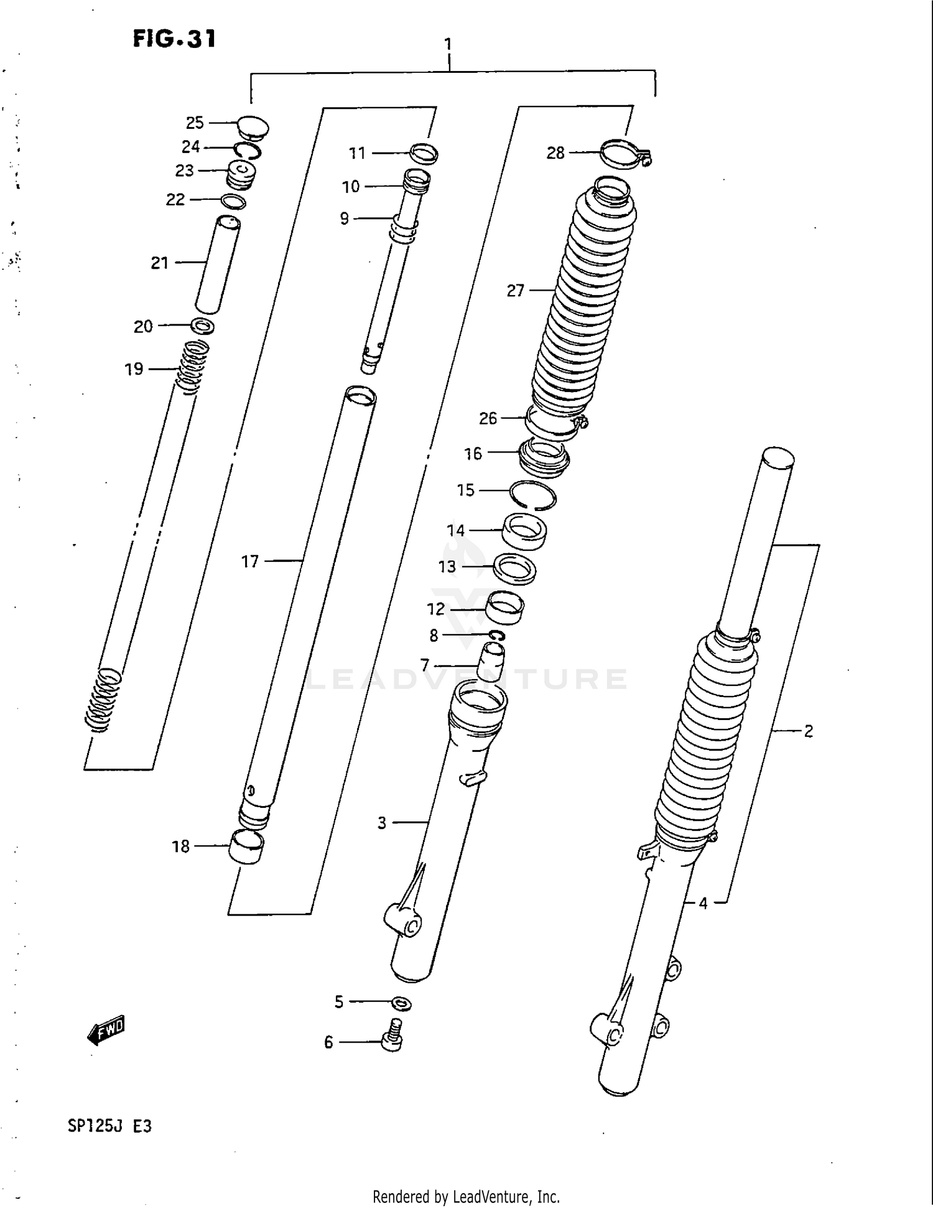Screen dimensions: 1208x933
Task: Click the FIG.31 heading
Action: click(x=174, y=39)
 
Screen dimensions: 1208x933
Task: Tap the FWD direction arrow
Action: click(x=107, y=1030)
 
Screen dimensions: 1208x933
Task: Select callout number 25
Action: click(x=195, y=123)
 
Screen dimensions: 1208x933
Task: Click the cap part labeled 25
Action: click(x=253, y=127)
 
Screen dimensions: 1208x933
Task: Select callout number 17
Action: click(x=249, y=562)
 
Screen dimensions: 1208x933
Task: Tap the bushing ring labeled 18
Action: click(x=246, y=847)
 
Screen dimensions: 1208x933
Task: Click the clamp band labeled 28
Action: click(x=624, y=154)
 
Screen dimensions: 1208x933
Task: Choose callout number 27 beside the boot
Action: click(x=515, y=291)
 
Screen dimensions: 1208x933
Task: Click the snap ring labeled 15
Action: click(x=532, y=496)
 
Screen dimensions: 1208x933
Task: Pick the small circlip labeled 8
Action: click(x=498, y=635)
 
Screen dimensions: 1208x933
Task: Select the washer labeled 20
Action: click(x=203, y=325)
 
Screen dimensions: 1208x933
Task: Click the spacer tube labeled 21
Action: click(x=217, y=265)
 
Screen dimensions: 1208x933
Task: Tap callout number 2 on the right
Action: click(x=808, y=731)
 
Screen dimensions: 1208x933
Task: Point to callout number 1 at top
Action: click(x=448, y=44)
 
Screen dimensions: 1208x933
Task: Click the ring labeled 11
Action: click(x=424, y=152)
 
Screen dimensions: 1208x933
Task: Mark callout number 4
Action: click(x=703, y=903)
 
